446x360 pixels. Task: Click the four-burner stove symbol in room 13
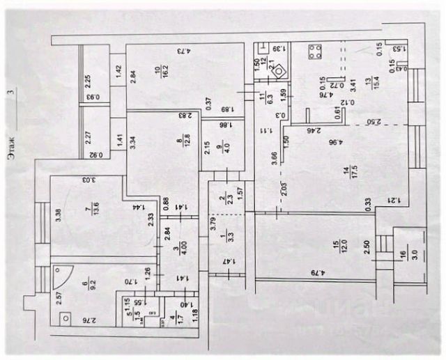tap(314, 52)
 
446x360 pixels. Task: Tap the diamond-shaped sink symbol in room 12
tap(279, 70)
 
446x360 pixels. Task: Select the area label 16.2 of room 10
tap(166, 72)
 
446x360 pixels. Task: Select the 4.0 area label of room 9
tap(224, 150)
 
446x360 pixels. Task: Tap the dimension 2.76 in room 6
tap(86, 320)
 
